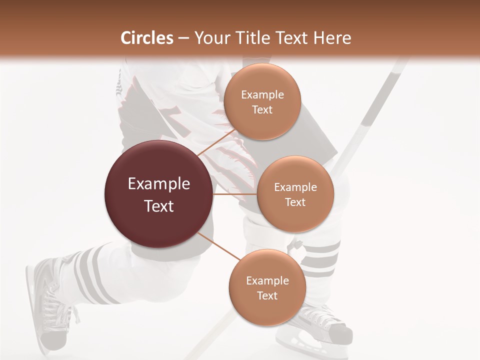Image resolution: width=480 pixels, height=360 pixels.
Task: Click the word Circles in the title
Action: pos(146,38)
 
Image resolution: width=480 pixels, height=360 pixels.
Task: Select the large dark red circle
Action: pos(159,194)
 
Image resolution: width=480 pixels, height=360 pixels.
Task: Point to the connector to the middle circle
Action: pos(235,194)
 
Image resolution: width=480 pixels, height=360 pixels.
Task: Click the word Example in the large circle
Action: pos(159,184)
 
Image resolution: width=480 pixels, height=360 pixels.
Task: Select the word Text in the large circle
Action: pos(159,206)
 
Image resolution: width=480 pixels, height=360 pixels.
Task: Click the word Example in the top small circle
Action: pos(262,95)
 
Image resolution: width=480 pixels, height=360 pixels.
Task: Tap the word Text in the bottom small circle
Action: pos(267,295)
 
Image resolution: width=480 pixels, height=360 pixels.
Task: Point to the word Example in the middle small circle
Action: pos(295,187)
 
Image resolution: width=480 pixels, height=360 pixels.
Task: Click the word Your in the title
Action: pos(210,38)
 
